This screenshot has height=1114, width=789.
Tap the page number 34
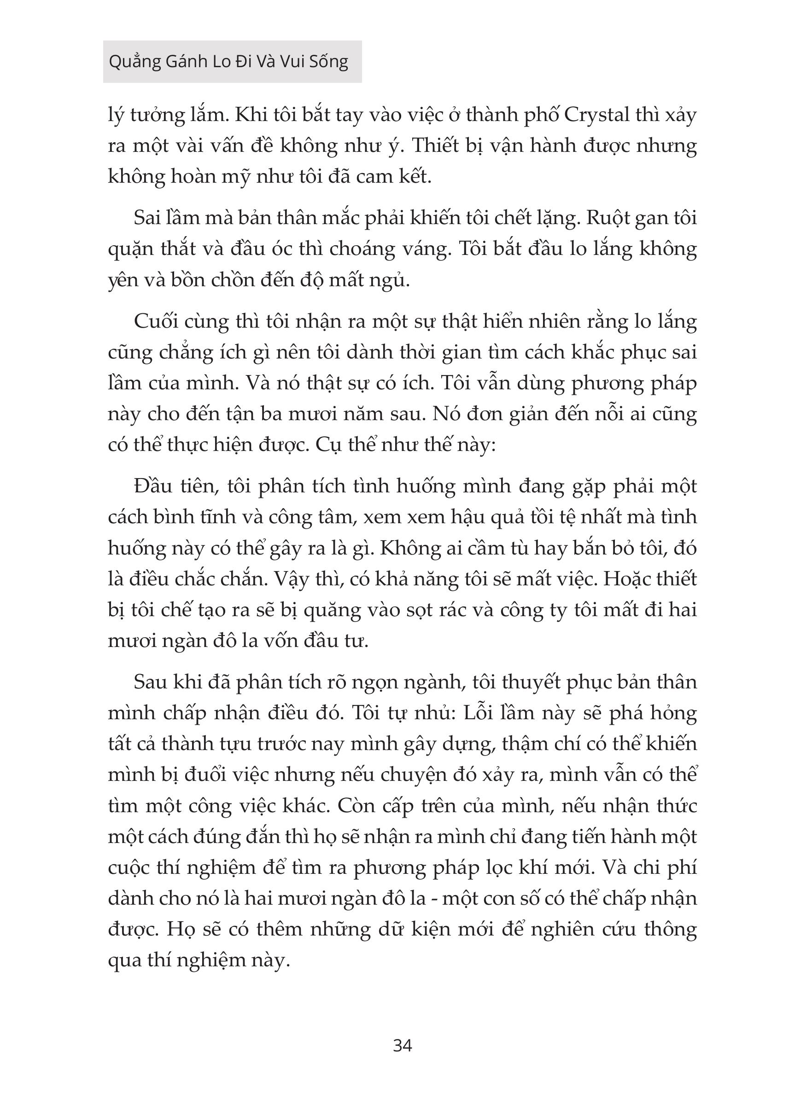point(402,1045)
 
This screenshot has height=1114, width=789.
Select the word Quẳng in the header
point(134,62)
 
